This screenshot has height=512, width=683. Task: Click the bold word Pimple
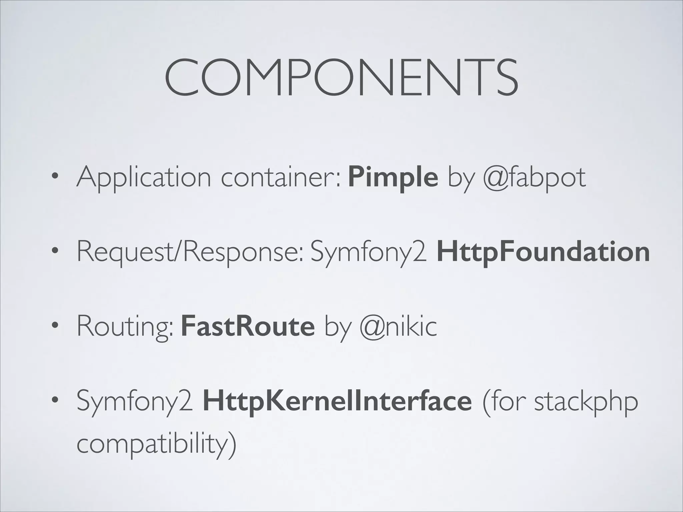tap(393, 178)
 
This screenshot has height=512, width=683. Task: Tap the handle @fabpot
tap(534, 178)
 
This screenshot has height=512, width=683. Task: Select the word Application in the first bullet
tap(144, 178)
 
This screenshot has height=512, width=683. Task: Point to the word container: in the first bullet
tap(281, 178)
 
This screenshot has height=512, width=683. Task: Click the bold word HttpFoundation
tap(543, 252)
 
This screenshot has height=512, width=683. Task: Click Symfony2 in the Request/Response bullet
tap(369, 253)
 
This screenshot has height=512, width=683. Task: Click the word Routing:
tap(125, 327)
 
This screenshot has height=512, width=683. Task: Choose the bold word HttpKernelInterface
tap(337, 401)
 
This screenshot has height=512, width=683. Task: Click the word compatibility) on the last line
tap(156, 444)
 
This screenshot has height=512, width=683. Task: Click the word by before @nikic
tap(337, 327)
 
